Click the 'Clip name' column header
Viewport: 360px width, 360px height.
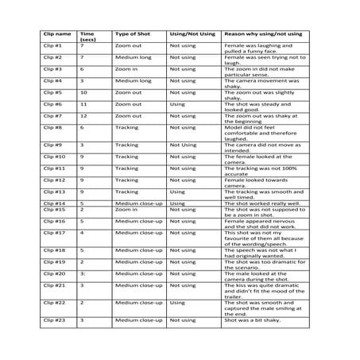point(57,34)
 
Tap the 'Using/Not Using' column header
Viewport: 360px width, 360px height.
point(192,34)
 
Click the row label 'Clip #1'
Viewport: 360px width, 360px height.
point(53,46)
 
